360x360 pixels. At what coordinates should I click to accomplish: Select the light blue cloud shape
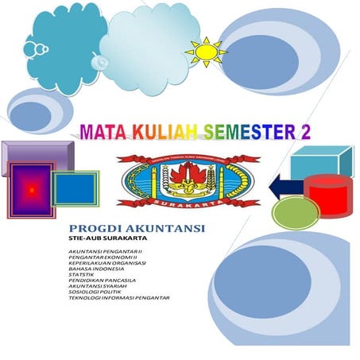(147, 40)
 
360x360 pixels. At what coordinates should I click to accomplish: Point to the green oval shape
(296, 213)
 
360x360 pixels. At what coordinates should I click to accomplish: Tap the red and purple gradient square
(31, 190)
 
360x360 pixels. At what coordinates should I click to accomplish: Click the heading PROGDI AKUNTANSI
(137, 229)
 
